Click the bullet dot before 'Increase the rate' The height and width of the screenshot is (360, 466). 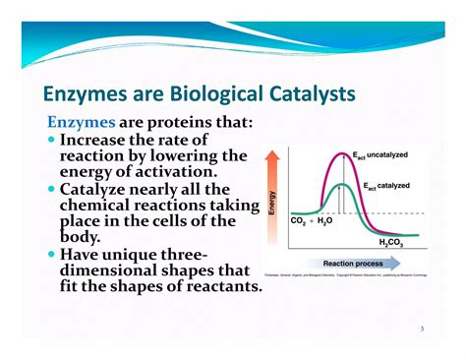coord(51,141)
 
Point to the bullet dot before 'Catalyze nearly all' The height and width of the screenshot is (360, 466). coord(51,189)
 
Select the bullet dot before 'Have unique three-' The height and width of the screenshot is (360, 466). coord(51,254)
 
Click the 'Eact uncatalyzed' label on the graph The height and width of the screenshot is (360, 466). coord(379,155)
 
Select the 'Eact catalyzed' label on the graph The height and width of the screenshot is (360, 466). coord(386,185)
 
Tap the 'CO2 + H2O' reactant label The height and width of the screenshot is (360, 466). coord(313,221)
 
